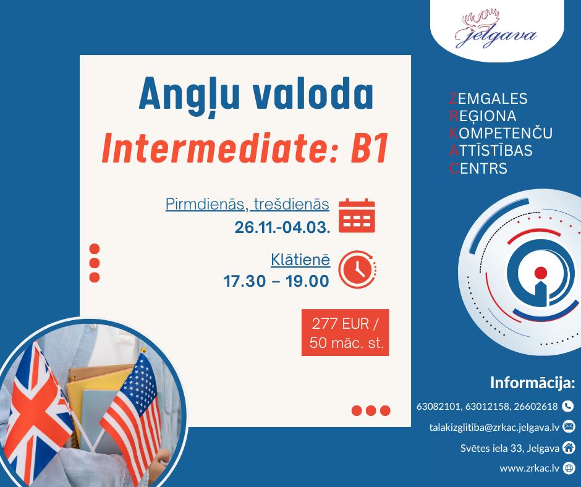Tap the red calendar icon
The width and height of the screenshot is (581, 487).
pyautogui.click(x=357, y=215)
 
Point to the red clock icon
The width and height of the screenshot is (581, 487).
pyautogui.click(x=358, y=269)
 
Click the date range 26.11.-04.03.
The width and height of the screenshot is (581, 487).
pyautogui.click(x=282, y=227)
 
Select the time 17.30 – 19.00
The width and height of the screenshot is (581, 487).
pyautogui.click(x=276, y=281)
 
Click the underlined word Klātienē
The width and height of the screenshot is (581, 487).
pyautogui.click(x=300, y=260)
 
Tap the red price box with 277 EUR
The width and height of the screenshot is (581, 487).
pyautogui.click(x=346, y=332)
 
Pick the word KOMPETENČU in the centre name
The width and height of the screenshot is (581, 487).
pyautogui.click(x=501, y=133)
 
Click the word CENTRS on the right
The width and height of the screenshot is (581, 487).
pyautogui.click(x=478, y=169)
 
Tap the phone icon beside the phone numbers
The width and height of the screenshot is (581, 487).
pyautogui.click(x=567, y=406)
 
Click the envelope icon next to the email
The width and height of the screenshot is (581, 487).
pyautogui.click(x=569, y=427)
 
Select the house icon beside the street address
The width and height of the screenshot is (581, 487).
pyautogui.click(x=569, y=447)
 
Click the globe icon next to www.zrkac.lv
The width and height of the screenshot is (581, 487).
pyautogui.click(x=569, y=468)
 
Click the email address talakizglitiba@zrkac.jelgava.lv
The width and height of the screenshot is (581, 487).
pyautogui.click(x=494, y=427)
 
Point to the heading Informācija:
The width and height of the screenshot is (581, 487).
pyautogui.click(x=532, y=383)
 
